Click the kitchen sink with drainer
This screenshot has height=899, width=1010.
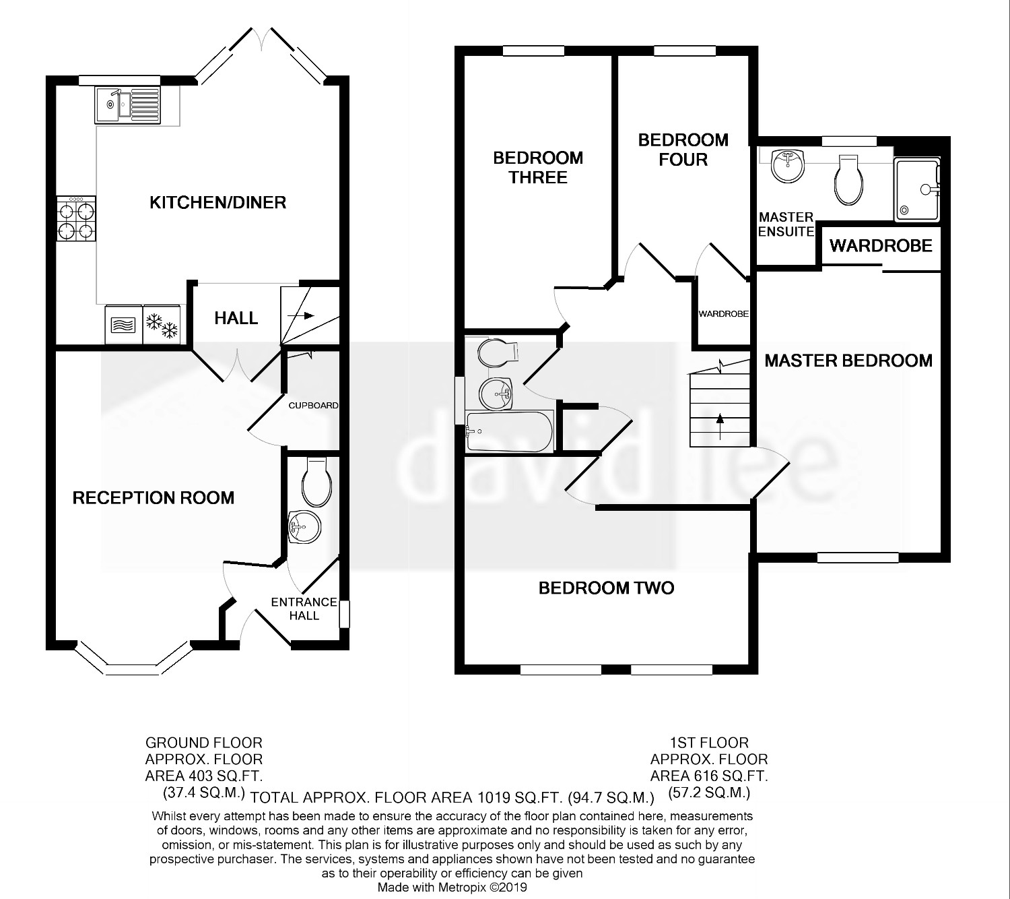point(128,105)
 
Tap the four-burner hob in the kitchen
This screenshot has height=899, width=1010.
point(76,218)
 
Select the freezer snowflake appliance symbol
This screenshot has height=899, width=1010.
point(162,325)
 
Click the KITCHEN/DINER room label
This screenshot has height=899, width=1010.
point(218,203)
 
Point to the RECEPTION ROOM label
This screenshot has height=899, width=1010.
point(153,498)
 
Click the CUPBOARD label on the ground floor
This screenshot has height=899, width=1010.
point(313,406)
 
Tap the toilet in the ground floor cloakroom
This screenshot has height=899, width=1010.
point(316,481)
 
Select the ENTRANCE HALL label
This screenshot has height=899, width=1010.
point(304,609)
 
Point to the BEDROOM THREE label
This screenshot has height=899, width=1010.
point(538,168)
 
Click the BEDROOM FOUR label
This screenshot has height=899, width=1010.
point(683,150)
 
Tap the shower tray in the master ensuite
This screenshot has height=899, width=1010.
point(917,189)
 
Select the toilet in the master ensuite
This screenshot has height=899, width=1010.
point(848,180)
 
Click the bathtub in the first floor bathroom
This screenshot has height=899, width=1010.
point(509,431)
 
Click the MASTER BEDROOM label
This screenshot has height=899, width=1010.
point(848,361)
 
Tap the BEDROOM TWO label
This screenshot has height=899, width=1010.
point(606,588)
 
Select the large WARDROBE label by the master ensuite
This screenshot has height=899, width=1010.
point(881,245)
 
